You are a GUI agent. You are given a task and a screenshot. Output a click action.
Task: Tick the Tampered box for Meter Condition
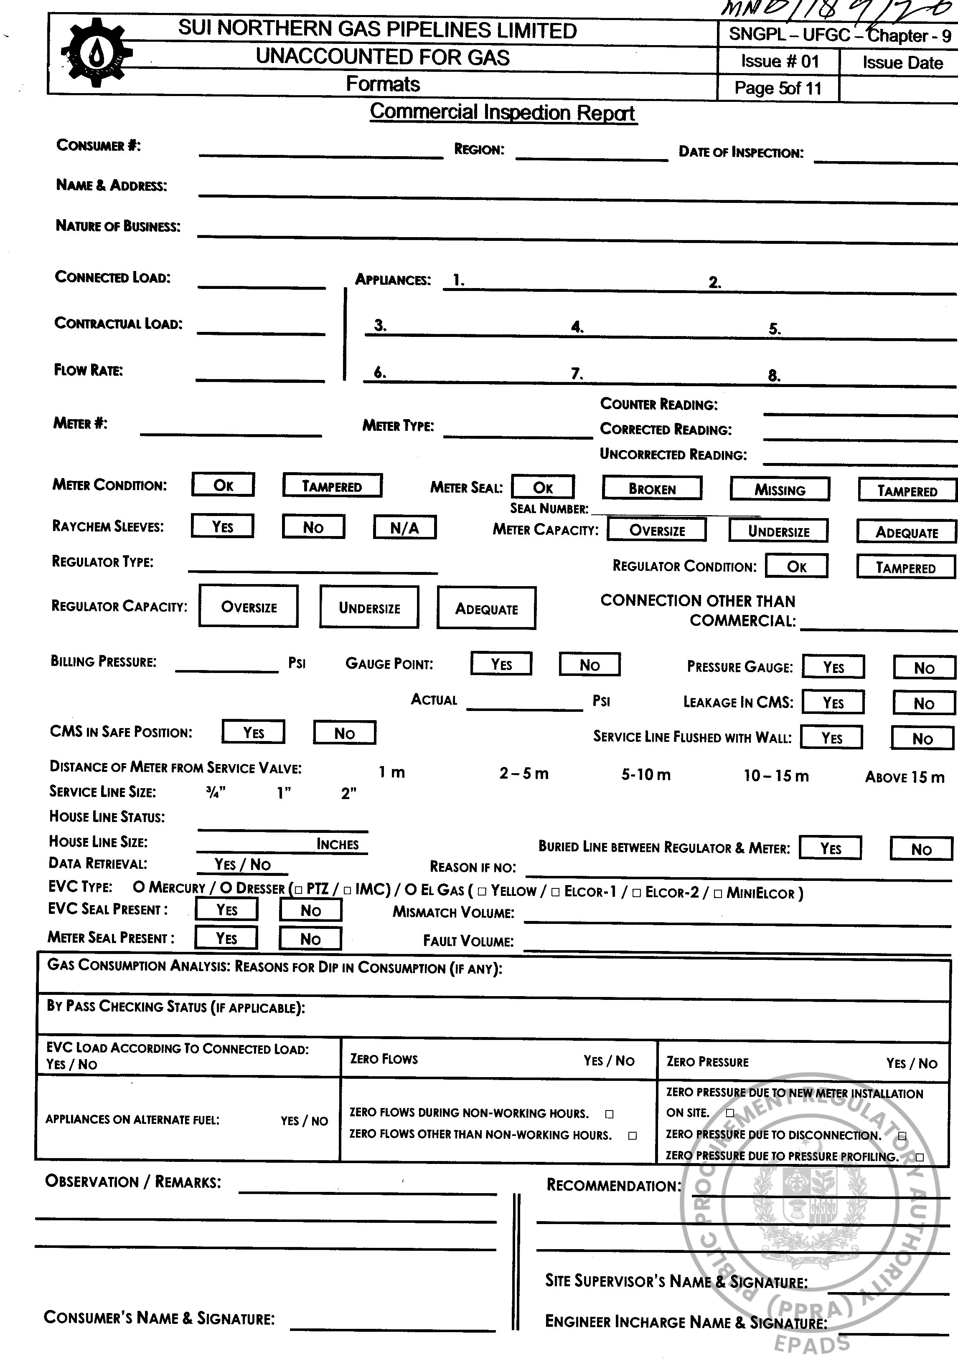pos(332,486)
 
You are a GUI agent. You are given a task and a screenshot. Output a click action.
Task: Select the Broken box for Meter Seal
pos(652,488)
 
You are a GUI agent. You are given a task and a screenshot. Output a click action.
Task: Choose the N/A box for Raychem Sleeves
pos(404,527)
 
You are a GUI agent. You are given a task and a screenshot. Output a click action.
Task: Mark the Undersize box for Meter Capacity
pos(778,531)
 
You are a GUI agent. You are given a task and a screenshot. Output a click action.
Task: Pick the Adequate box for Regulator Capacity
pos(486,608)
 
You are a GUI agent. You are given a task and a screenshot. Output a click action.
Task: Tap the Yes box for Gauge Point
pos(501,664)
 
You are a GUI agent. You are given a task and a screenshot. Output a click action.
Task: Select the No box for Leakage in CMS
pos(924,703)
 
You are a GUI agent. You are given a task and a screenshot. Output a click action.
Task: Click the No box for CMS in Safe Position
pos(345,733)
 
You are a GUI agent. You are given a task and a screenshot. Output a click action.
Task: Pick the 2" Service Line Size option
pos(349,793)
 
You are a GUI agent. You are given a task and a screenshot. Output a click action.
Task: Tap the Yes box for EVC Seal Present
pos(226,909)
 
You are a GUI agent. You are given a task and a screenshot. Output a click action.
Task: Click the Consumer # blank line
pos(321,153)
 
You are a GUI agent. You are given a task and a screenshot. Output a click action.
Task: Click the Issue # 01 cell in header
pos(779,61)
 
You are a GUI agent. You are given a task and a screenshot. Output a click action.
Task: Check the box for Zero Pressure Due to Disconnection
pos(902,1136)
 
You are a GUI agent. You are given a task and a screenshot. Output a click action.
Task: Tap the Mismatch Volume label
pos(453,912)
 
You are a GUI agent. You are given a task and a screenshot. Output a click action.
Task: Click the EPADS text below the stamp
pos(812,1343)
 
